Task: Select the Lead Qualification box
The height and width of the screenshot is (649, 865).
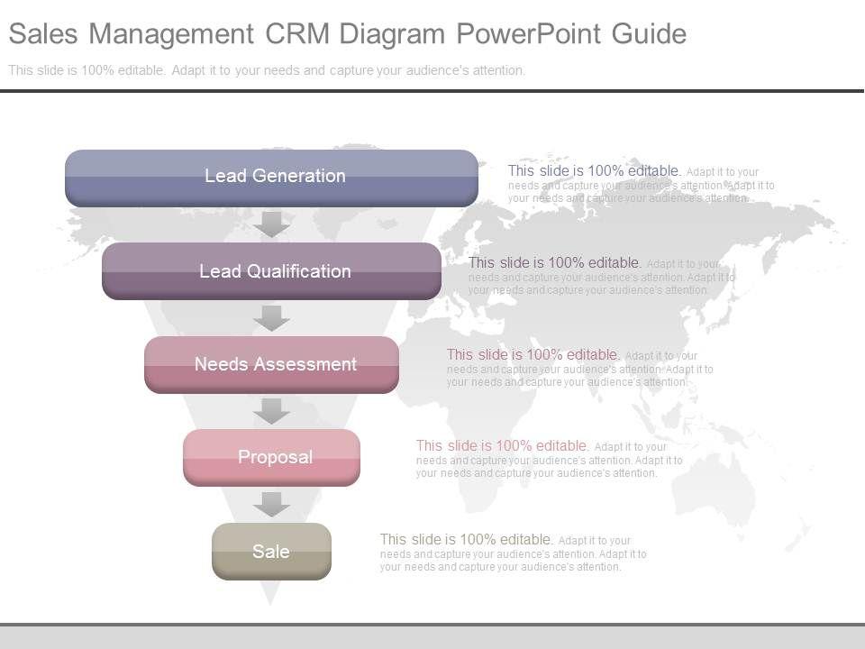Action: [271, 271]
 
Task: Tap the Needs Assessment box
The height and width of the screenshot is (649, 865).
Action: [271, 364]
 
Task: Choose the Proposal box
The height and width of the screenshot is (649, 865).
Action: [271, 457]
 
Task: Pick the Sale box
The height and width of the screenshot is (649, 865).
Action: [271, 551]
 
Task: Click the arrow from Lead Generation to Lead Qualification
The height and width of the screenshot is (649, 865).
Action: [271, 224]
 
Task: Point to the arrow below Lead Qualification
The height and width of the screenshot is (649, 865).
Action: [271, 317]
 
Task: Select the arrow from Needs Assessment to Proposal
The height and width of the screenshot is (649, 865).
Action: [271, 410]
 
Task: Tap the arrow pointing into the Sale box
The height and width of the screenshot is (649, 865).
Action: [271, 504]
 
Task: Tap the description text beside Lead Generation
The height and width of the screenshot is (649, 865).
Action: [641, 184]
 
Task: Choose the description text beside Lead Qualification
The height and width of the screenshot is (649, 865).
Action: [601, 276]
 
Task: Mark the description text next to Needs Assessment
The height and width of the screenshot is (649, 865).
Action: [579, 368]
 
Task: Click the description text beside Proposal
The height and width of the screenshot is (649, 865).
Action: [549, 459]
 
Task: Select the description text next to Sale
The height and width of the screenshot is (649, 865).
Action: [513, 553]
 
